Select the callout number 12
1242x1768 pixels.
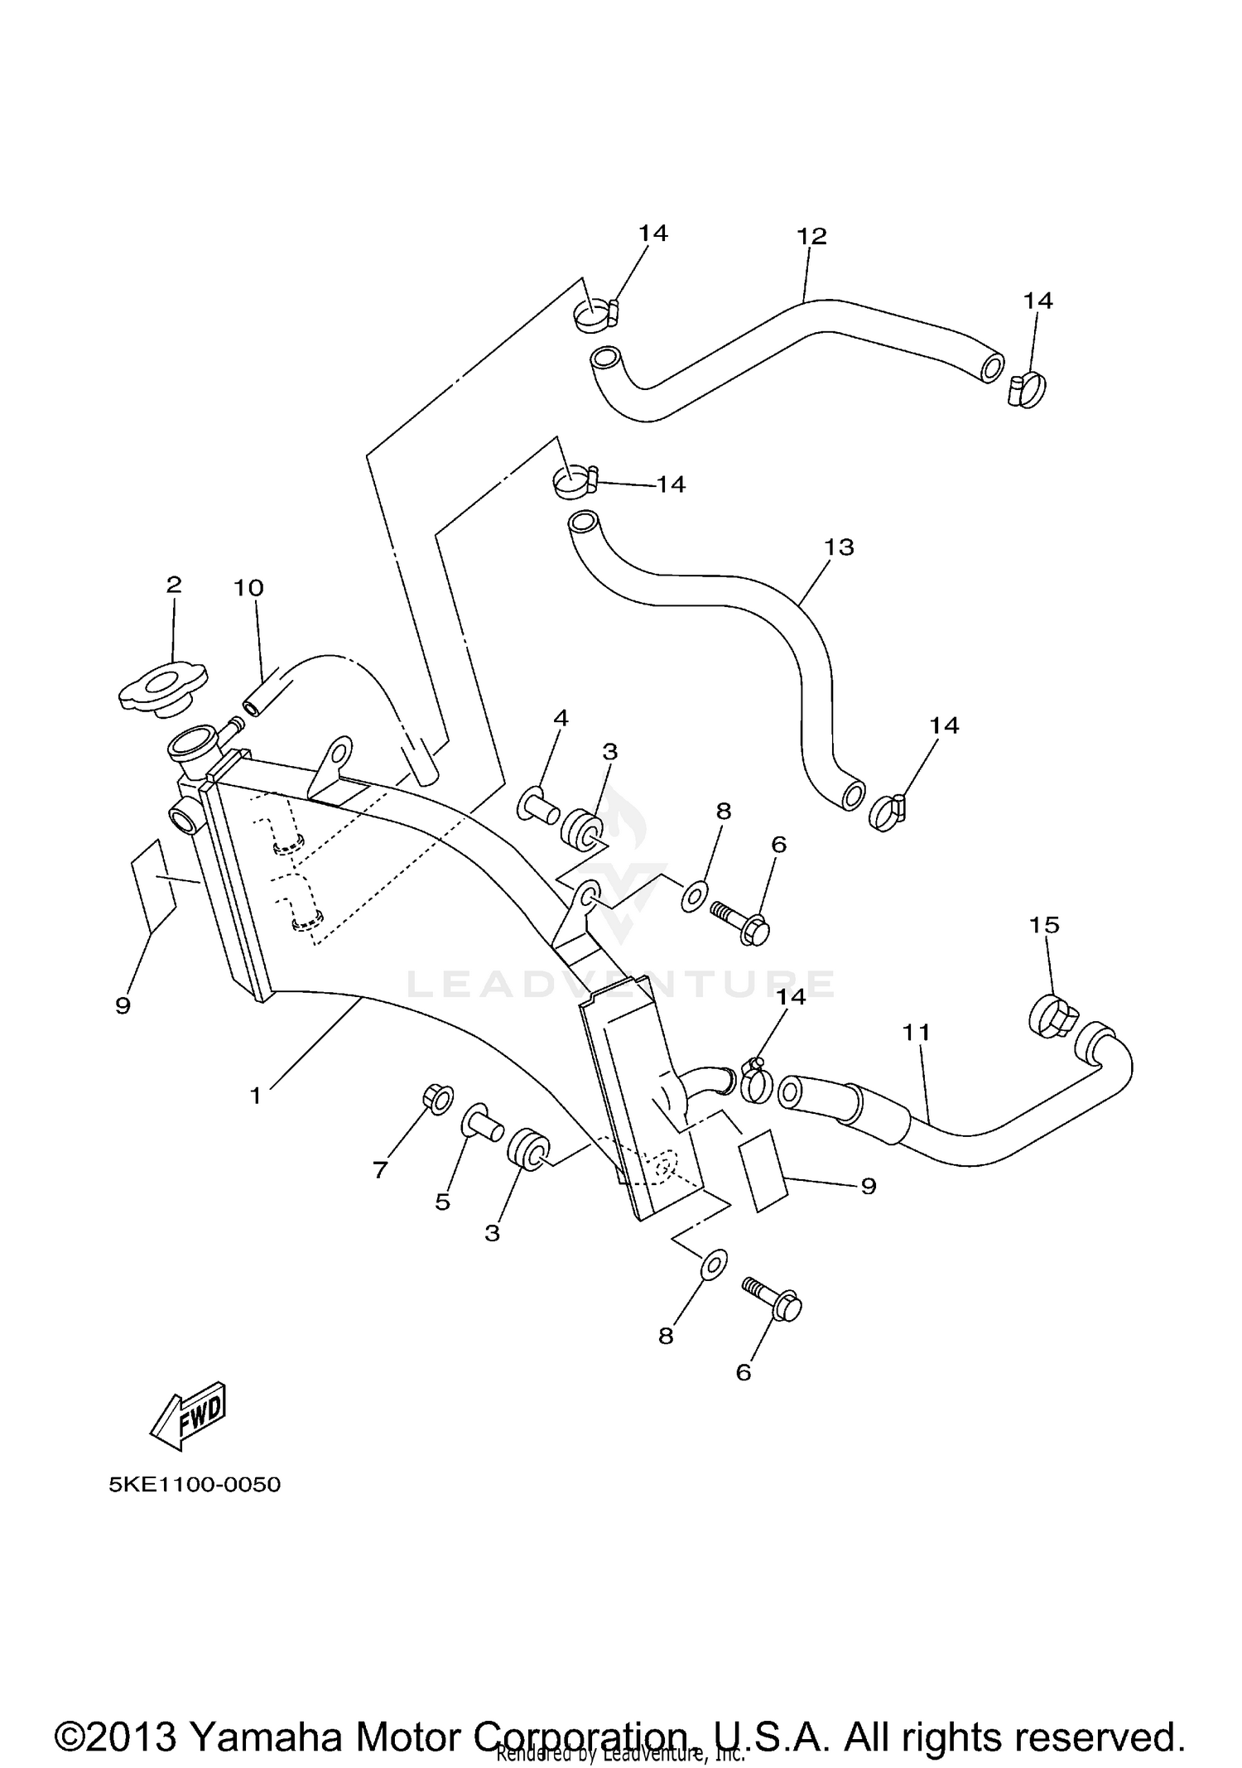coord(811,236)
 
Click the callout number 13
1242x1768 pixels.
coord(838,547)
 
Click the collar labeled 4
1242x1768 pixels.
coord(539,805)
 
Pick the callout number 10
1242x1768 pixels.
coord(248,588)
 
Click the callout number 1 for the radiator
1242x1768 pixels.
coord(256,1096)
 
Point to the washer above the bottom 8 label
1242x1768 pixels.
coord(714,1265)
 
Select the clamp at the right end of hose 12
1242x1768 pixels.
coord(1027,389)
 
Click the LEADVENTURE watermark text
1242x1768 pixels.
coord(621,984)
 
